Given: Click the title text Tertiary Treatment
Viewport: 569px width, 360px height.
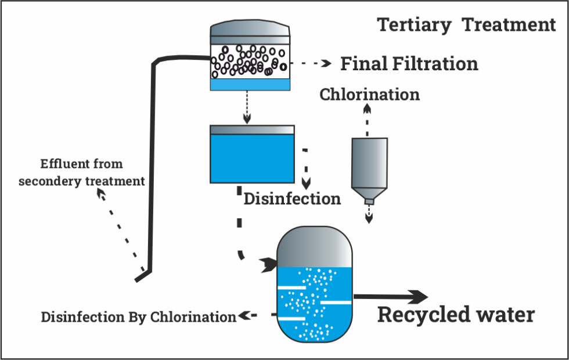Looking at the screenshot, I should point(466,25).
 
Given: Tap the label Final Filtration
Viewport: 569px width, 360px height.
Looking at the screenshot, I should point(409,63).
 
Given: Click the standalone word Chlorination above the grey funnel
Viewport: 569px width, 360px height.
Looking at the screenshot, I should point(369,94).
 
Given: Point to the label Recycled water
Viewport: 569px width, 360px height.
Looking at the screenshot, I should point(456,315).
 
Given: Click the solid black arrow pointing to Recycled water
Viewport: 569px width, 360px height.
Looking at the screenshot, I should point(395,297).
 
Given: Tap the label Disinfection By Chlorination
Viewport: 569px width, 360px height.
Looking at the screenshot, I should point(138,317).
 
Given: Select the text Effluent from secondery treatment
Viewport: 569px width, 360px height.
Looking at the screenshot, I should point(81,172).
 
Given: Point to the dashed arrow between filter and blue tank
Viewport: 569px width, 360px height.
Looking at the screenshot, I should point(247,108).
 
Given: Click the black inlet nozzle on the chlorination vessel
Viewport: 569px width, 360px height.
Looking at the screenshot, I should point(269,265).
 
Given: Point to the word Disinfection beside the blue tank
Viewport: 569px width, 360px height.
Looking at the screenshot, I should point(292,199).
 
